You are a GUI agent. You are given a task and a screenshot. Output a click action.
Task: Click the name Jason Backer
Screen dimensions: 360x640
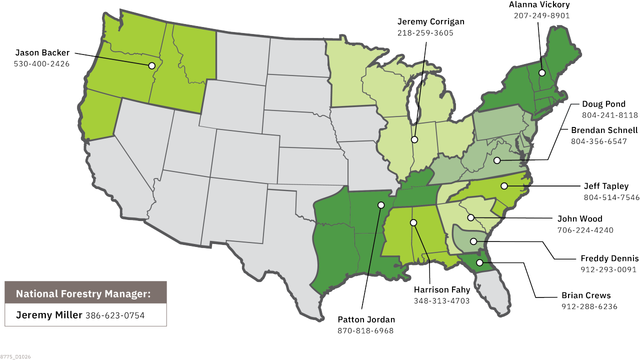click(x=42, y=52)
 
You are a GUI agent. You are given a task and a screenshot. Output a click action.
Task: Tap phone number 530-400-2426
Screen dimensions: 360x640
click(x=42, y=64)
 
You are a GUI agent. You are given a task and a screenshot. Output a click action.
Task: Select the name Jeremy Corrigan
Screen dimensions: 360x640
click(x=430, y=21)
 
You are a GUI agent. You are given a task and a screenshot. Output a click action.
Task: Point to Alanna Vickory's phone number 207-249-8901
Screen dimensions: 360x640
click(x=541, y=15)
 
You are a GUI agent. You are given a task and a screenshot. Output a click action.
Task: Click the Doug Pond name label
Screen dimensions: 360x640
click(x=603, y=104)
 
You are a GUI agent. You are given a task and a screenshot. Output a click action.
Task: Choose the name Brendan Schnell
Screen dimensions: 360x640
click(x=604, y=130)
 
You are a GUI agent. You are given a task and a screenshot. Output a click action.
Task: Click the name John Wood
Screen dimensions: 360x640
click(x=579, y=218)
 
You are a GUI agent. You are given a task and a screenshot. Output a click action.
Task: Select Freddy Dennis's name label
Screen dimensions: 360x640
click(x=609, y=258)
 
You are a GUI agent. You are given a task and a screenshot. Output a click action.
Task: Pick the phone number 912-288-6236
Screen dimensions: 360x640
click(x=589, y=306)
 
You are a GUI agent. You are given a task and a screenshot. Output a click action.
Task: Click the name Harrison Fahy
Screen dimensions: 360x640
click(x=441, y=289)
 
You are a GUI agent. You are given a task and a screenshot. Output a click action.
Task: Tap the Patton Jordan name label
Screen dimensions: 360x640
click(x=366, y=319)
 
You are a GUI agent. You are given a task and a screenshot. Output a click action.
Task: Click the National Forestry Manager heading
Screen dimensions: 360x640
click(x=83, y=293)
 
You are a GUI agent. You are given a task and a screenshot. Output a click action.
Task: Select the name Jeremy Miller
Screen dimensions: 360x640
click(x=49, y=315)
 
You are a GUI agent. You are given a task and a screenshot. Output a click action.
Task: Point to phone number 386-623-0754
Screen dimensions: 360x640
click(x=115, y=315)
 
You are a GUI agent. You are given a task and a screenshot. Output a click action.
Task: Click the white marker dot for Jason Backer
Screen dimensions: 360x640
click(x=151, y=65)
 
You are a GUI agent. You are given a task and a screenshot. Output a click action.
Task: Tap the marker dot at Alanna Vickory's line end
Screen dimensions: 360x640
click(x=541, y=73)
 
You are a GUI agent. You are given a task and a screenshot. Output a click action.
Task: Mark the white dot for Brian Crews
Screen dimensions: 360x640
click(x=479, y=262)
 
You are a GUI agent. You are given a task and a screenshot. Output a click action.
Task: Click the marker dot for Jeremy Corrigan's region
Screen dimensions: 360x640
click(x=414, y=139)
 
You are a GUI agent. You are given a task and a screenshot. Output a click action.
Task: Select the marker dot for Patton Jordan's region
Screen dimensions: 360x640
click(x=381, y=205)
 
